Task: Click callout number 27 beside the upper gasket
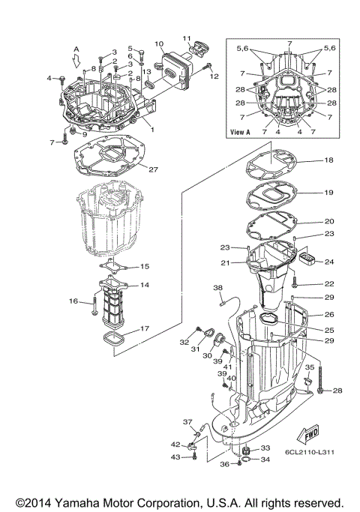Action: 153,169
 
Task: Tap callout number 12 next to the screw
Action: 213,76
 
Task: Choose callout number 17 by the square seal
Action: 144,328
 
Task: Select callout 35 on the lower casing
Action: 308,367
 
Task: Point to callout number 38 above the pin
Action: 218,288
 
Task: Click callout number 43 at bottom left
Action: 175,457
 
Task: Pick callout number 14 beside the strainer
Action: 145,286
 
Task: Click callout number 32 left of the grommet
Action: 184,342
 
